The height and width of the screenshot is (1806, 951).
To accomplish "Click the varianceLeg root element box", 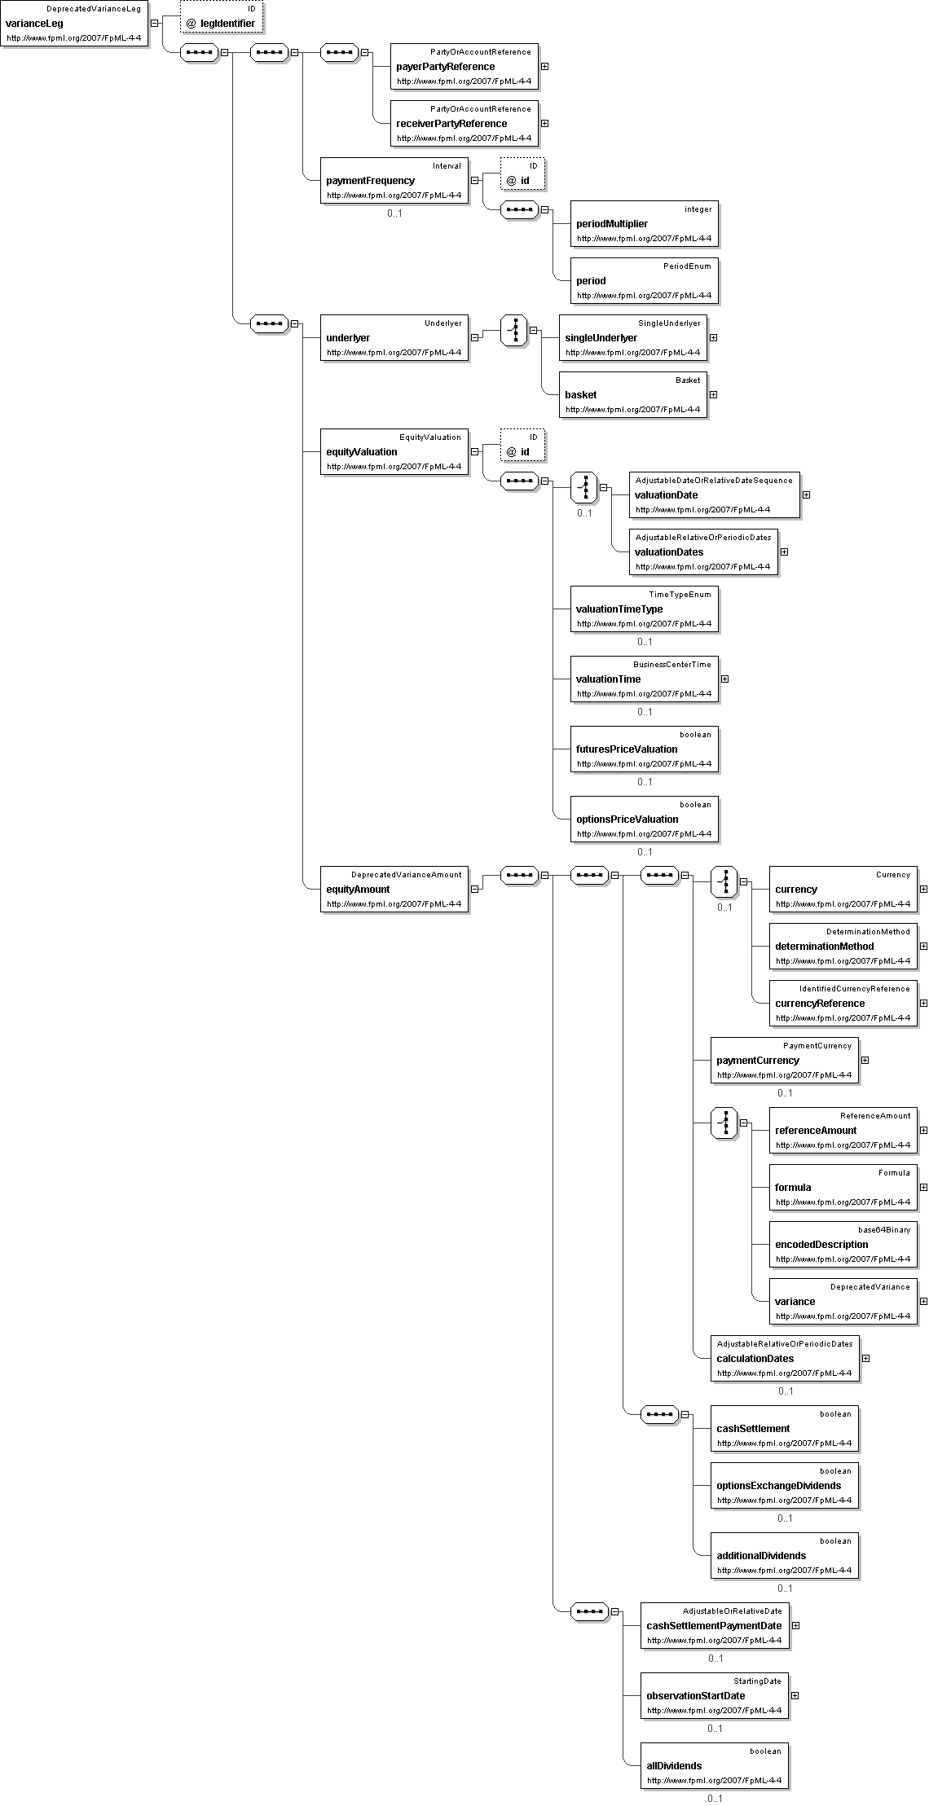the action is pos(74,24).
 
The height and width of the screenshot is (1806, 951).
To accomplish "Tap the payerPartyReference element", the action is pos(464,66).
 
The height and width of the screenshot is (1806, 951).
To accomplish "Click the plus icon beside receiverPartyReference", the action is pos(544,123).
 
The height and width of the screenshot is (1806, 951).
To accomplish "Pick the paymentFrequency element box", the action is pos(394,180).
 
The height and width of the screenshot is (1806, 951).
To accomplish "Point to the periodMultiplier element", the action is pos(645,223).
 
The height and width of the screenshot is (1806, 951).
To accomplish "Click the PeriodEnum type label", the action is pos(688,266).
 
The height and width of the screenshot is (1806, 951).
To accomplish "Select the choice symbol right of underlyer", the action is pos(513,330).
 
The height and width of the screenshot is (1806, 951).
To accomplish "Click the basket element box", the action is pos(633,394).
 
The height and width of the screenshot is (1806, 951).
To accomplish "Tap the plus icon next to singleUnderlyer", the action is pos(713,337).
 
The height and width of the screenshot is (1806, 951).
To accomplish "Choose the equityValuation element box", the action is pos(394,451).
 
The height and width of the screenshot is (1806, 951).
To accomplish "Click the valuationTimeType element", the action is pos(645,609).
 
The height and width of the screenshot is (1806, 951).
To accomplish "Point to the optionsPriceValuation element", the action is pos(645,819).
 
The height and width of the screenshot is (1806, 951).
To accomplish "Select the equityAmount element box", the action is pos(394,889).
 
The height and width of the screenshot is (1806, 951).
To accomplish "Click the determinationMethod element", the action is pos(843,946).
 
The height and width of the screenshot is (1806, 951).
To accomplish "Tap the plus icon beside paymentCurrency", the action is pos(865,1060).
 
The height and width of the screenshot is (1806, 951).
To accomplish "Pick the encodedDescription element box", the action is pos(843,1244).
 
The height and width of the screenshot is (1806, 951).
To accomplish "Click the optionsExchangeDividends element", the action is pos(785,1485).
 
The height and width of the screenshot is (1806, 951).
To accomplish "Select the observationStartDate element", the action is pos(715,1695).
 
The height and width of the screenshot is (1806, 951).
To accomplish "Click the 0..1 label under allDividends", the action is pos(715,1799).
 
